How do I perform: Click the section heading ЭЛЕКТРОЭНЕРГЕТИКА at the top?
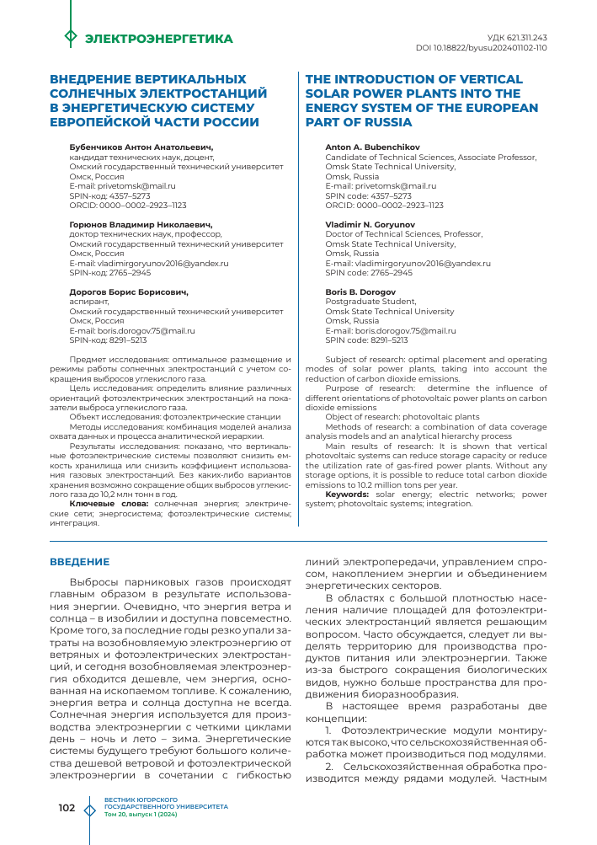(x=159, y=39)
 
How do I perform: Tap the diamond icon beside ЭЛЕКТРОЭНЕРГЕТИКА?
(x=71, y=38)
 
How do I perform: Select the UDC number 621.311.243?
(x=518, y=38)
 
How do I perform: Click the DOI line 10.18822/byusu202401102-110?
(x=481, y=48)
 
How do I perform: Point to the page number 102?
(x=67, y=808)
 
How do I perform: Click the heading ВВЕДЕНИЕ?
(x=80, y=561)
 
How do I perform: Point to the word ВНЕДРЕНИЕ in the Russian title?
(x=95, y=78)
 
